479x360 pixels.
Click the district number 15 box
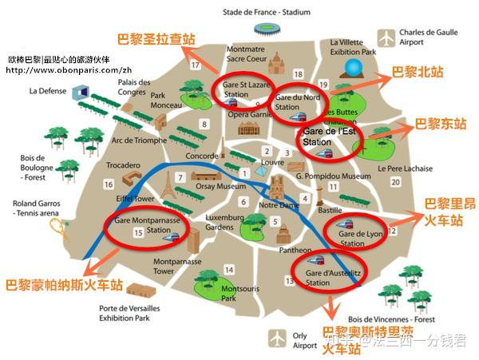coord(139,233)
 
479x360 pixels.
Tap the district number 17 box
coord(196,65)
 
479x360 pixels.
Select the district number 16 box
coord(108,184)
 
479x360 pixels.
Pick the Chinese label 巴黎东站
coord(439,125)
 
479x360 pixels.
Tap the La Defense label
coord(50,91)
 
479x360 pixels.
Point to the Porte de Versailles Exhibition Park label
coord(125,313)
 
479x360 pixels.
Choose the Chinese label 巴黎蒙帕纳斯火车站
coord(65,285)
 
